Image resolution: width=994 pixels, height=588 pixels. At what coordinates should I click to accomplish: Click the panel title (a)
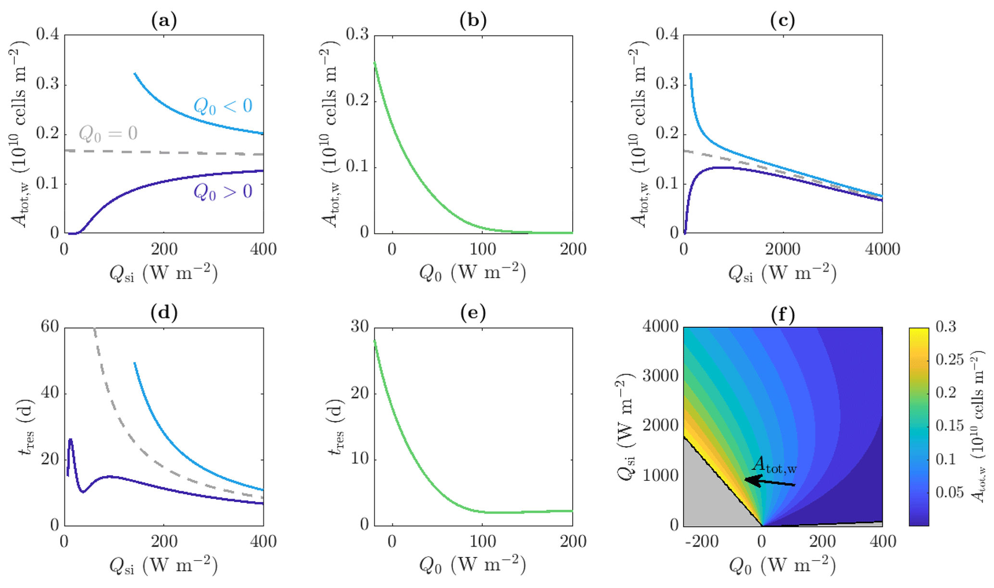click(x=164, y=21)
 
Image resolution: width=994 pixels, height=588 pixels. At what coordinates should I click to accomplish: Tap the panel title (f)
click(x=782, y=315)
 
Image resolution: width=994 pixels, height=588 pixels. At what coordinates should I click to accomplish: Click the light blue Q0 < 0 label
click(x=223, y=106)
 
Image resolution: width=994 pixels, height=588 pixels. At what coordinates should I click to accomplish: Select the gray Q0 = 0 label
click(x=108, y=133)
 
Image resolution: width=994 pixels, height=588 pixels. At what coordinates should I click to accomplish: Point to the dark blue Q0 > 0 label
click(x=223, y=192)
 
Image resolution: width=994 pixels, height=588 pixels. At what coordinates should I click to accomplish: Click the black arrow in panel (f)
click(x=769, y=482)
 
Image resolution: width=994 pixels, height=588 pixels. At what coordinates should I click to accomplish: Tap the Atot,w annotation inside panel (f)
click(x=774, y=465)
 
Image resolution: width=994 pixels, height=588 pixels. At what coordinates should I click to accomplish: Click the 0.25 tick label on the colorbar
click(x=949, y=360)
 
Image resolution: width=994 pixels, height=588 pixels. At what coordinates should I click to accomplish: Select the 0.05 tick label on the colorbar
click(x=949, y=492)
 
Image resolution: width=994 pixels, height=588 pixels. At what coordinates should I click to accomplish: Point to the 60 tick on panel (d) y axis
click(x=50, y=327)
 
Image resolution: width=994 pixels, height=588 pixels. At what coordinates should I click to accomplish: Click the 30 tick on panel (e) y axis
click(x=359, y=327)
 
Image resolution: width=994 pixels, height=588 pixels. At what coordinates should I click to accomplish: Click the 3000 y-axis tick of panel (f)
click(x=660, y=376)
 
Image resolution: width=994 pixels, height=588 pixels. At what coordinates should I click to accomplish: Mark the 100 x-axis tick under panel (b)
click(x=482, y=249)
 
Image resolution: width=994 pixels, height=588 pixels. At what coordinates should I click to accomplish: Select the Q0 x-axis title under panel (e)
click(x=473, y=566)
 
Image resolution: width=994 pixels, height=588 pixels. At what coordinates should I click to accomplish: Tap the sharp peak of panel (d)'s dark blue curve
click(x=71, y=439)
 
